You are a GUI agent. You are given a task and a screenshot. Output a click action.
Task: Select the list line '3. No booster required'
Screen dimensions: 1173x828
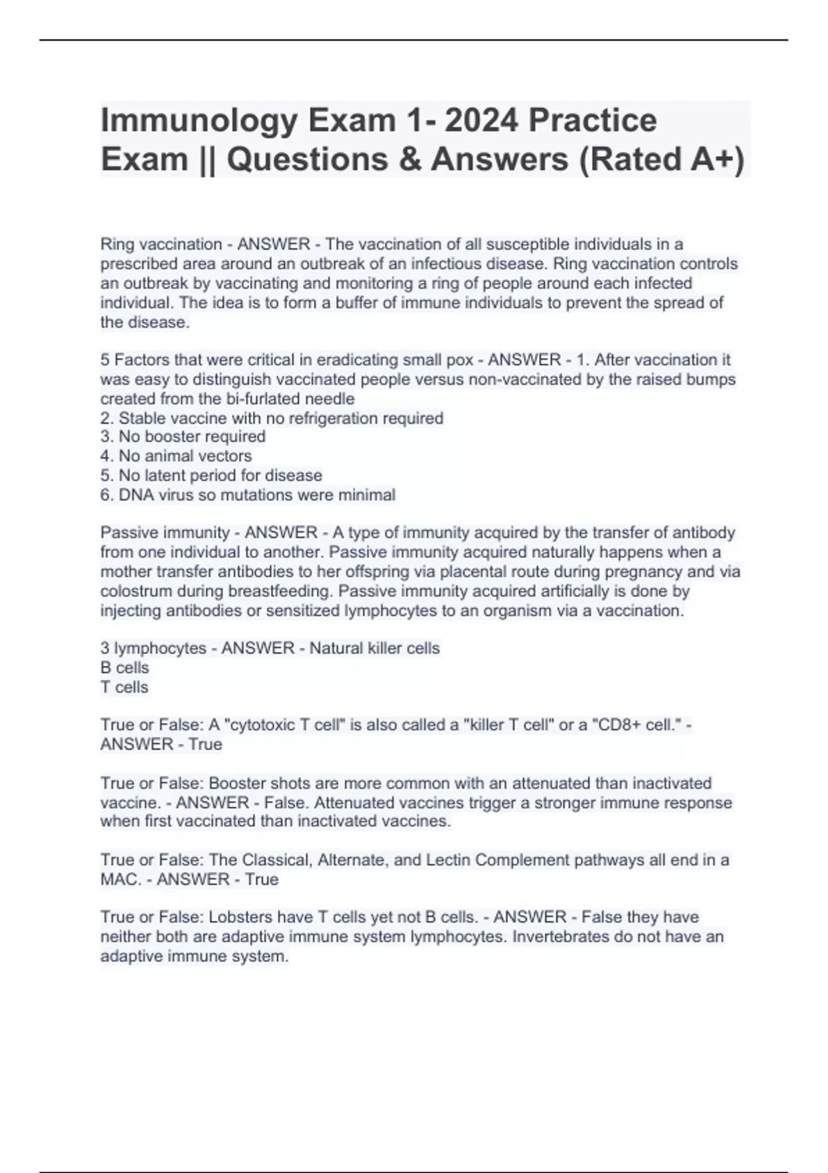coord(183,437)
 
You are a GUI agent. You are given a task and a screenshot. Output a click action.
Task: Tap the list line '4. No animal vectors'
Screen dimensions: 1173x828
coord(176,456)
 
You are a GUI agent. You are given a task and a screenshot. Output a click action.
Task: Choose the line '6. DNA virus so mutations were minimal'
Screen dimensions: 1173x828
coord(248,495)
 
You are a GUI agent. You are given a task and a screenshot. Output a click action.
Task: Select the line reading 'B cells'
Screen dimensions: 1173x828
coord(125,668)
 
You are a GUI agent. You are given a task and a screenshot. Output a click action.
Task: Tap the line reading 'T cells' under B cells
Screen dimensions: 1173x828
coord(124,687)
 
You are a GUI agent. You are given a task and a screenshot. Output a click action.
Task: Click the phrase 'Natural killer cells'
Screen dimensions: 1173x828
coord(374,649)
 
